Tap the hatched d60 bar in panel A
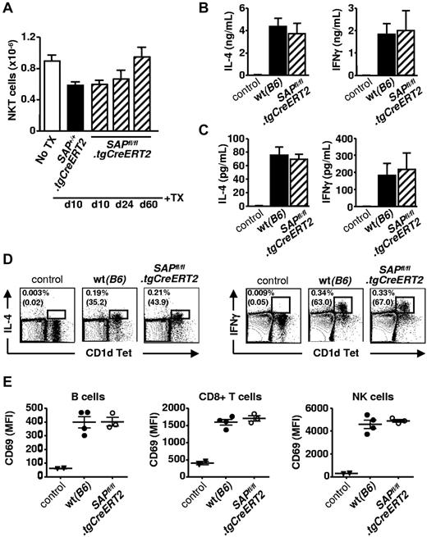[165, 95]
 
